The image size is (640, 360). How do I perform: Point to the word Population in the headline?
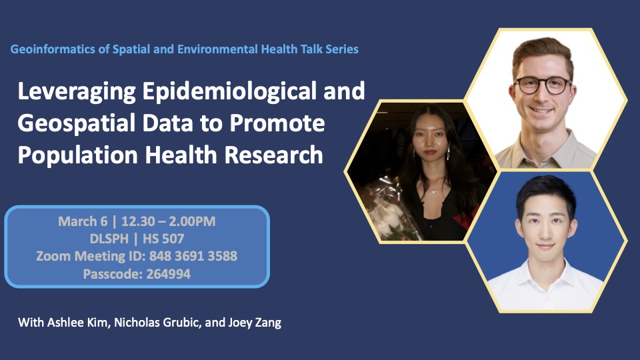(x=78, y=155)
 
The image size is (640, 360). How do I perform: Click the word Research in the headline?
(x=273, y=155)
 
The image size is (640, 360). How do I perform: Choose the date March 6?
(x=83, y=221)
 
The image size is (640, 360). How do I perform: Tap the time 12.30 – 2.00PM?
(x=168, y=221)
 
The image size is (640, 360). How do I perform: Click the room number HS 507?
(x=163, y=239)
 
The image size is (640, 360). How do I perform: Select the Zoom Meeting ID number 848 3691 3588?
(x=193, y=256)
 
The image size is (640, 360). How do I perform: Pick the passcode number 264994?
(x=168, y=273)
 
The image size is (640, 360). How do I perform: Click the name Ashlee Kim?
(x=78, y=323)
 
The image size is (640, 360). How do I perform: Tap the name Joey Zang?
(x=255, y=323)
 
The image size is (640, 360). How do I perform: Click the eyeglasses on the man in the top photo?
(x=543, y=85)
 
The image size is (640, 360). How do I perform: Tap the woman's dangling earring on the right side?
(x=448, y=153)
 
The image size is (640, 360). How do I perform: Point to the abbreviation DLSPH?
(x=109, y=239)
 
